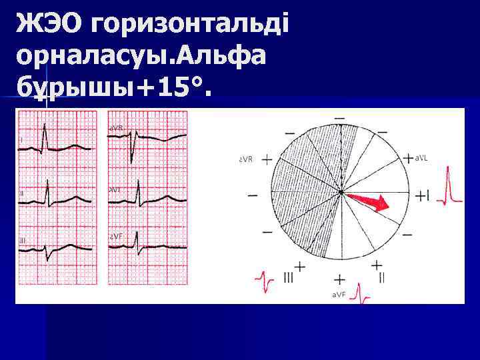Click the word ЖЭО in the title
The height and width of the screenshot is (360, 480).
[50, 25]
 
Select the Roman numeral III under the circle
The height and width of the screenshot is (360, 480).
[287, 279]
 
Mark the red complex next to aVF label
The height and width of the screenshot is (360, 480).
[361, 293]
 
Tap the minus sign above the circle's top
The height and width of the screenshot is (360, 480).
[339, 118]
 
